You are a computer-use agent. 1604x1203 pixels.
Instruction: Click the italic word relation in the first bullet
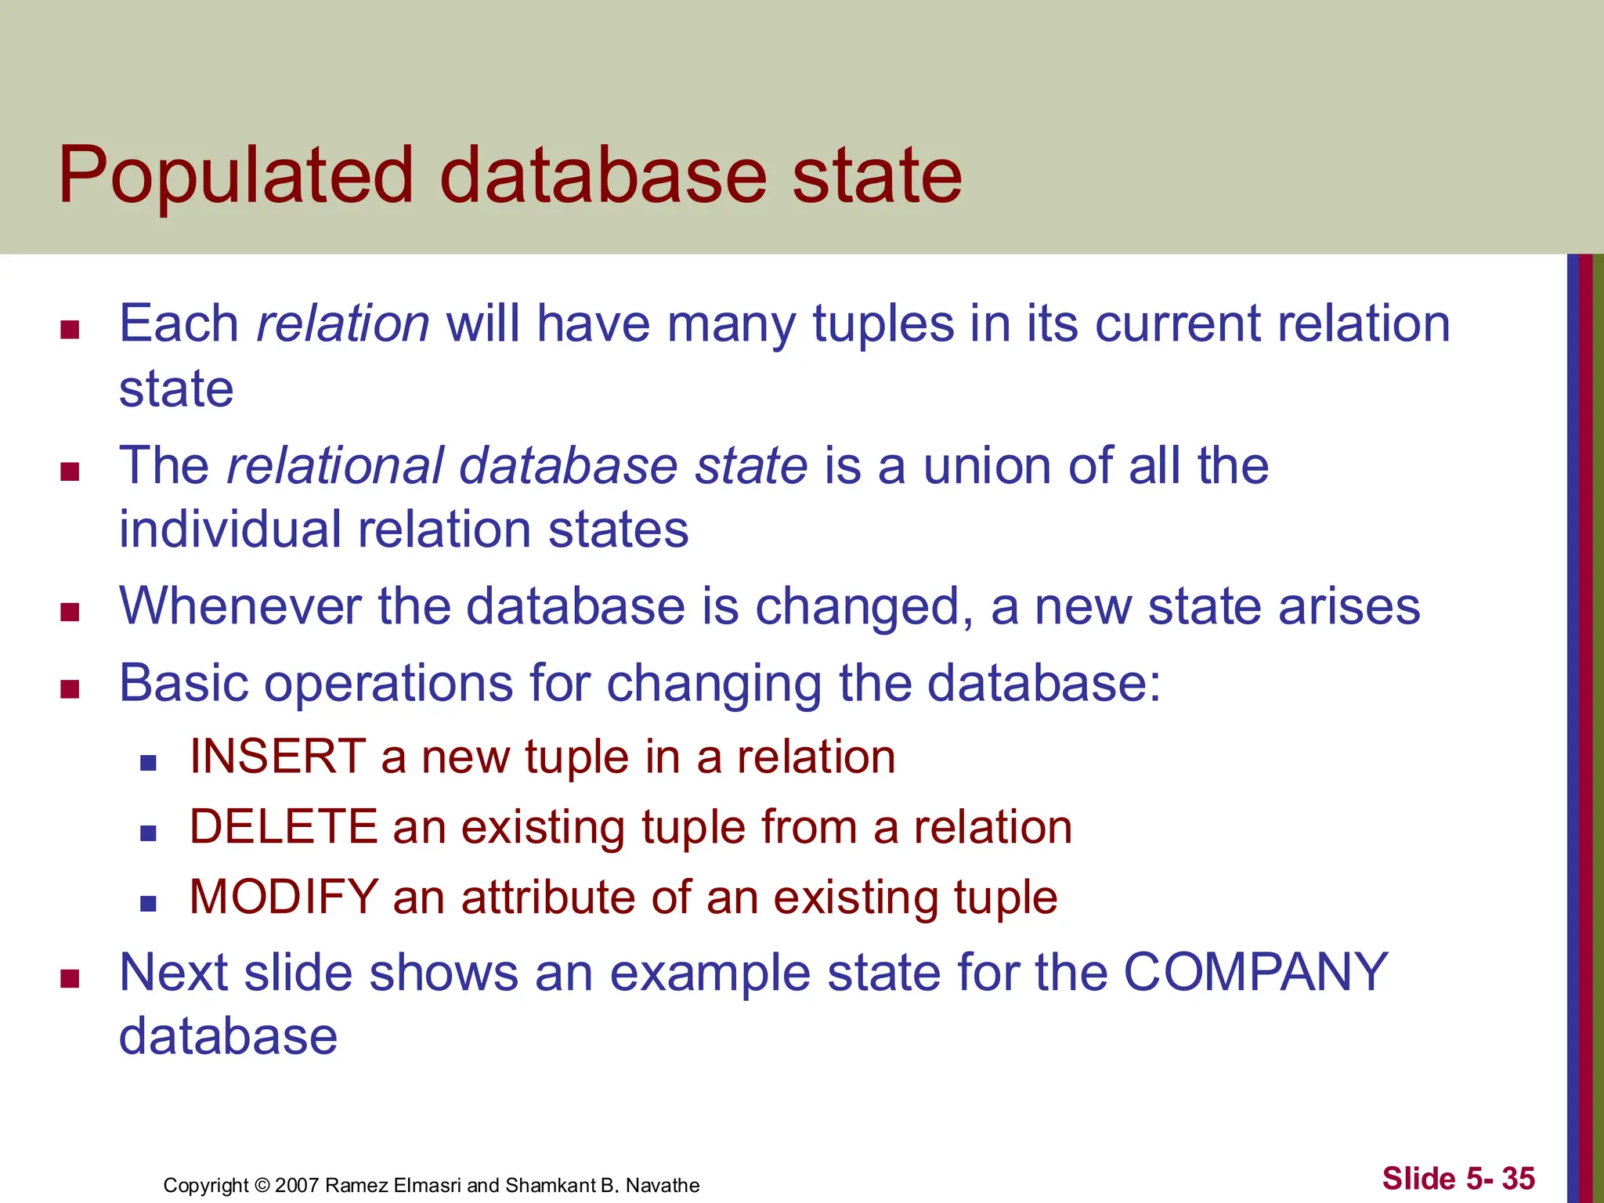tap(343, 323)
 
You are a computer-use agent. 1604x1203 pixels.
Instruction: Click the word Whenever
tap(240, 606)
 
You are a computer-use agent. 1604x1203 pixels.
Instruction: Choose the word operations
tap(388, 684)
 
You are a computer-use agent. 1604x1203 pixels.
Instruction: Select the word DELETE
tap(284, 827)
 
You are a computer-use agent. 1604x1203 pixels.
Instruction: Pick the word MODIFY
tap(284, 897)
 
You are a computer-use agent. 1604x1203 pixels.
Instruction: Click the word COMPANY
tap(1255, 973)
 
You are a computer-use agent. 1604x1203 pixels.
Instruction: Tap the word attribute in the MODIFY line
tap(549, 897)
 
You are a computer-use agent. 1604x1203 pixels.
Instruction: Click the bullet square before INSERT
tap(148, 762)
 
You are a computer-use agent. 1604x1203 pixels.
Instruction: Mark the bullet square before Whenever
tap(70, 612)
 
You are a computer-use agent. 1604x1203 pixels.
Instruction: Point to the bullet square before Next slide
tap(70, 978)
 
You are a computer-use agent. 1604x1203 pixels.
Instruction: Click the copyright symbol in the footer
tap(262, 1185)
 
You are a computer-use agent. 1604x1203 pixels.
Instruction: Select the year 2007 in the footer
tap(296, 1185)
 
